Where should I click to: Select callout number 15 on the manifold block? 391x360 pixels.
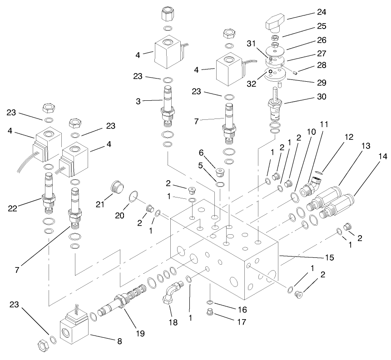(330, 257)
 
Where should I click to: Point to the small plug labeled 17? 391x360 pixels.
(209, 313)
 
